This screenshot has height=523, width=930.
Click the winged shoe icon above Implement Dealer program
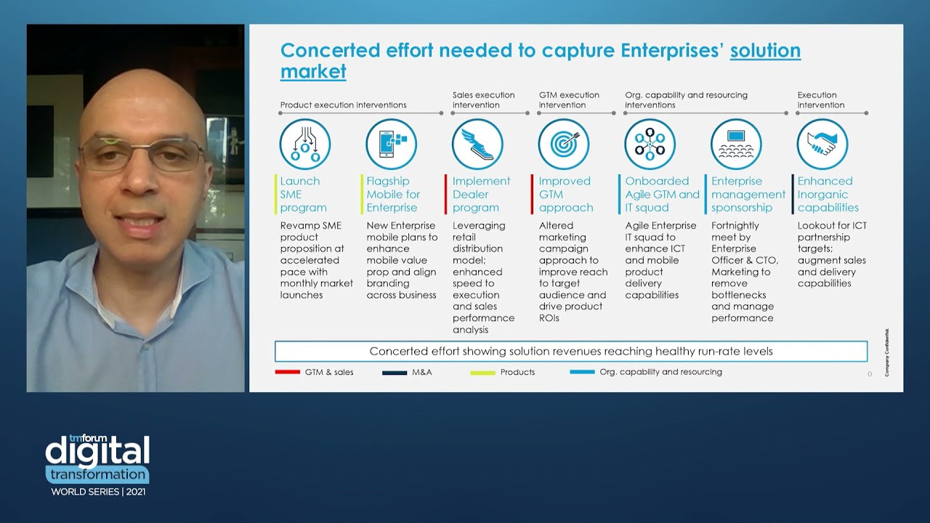click(477, 145)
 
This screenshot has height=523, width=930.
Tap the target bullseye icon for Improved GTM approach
click(564, 145)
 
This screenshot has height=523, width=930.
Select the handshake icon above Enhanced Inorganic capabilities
click(822, 145)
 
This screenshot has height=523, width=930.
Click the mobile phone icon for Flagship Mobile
click(391, 145)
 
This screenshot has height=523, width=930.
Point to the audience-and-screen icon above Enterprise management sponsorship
click(736, 145)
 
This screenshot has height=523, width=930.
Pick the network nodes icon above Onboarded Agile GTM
click(650, 145)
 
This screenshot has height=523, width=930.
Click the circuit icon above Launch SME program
click(305, 145)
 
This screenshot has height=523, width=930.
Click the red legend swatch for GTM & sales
click(288, 373)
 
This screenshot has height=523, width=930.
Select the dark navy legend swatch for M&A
click(395, 373)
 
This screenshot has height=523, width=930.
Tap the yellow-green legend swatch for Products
click(482, 373)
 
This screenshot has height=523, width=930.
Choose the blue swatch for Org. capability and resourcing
click(582, 373)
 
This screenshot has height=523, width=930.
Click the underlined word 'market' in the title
click(313, 72)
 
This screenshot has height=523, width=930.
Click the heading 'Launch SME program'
click(304, 194)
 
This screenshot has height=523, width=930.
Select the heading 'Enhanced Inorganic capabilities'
click(828, 194)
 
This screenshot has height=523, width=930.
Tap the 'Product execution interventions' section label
click(344, 105)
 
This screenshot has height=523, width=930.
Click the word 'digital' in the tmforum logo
click(97, 451)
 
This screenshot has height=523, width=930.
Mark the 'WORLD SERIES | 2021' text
click(97, 492)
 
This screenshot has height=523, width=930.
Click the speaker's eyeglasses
click(142, 153)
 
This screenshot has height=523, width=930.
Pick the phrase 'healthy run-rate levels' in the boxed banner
click(713, 352)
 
